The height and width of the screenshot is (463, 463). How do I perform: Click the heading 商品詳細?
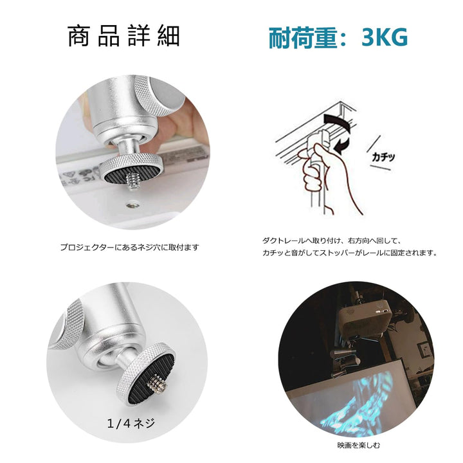coord(123,37)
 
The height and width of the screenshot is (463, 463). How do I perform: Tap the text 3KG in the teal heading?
coord(385,37)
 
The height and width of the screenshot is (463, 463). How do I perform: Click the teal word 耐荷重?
coord(302,37)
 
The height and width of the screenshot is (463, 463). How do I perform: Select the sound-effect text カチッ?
coord(383,156)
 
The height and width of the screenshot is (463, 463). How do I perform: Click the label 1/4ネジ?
coord(131,423)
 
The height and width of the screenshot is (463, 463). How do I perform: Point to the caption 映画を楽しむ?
coord(359,445)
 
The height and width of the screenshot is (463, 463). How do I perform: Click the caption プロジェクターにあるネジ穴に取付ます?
coord(130,247)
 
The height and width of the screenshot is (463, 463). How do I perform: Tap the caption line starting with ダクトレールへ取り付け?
coord(331,241)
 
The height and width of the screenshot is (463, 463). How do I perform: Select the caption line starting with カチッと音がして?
coord(350,253)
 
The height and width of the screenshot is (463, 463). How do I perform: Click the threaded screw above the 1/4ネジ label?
coord(158,384)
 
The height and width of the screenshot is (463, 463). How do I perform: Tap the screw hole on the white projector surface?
coord(132,204)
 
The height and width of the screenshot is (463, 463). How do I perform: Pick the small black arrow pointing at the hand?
coord(343,145)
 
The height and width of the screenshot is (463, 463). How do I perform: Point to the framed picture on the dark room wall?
coord(425,350)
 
